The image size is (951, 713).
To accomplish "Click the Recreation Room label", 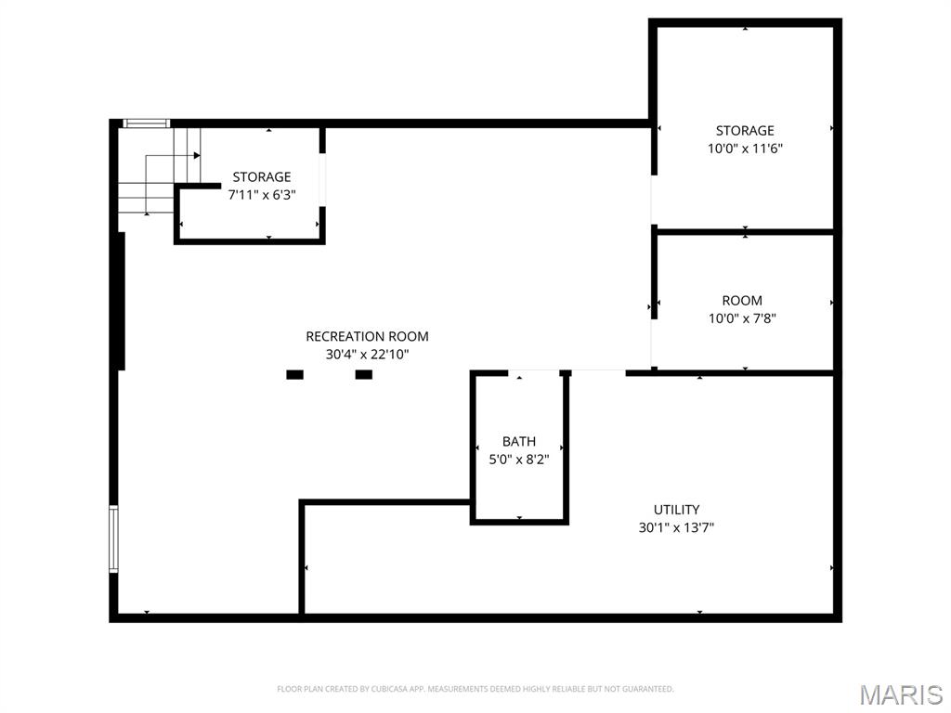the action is [x=367, y=336].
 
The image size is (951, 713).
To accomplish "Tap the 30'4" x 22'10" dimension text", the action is [x=367, y=354].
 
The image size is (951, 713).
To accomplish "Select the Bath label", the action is [x=519, y=441].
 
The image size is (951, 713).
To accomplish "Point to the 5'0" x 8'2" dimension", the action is [x=519, y=460].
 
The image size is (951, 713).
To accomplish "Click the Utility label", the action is [x=676, y=510].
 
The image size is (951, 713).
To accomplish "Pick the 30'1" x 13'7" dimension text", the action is [x=676, y=527].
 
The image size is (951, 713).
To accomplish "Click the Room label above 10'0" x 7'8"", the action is [x=742, y=300].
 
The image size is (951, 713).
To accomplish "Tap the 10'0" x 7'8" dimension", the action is [x=742, y=318].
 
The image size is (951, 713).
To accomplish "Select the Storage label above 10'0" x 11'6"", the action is [x=745, y=130].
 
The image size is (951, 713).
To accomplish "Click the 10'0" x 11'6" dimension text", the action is [x=745, y=149].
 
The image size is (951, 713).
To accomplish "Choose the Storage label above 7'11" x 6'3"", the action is [x=261, y=177].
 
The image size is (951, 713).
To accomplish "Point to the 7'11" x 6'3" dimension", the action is [x=261, y=195].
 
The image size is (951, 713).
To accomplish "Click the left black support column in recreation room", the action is [x=294, y=375].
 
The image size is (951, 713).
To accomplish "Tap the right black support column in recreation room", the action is [x=364, y=375].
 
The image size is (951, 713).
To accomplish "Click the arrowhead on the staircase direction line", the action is [x=197, y=156].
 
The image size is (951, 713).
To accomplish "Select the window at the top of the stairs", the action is [x=146, y=123].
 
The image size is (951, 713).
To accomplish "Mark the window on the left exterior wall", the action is [x=113, y=539].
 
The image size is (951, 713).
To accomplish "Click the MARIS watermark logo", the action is [x=901, y=694].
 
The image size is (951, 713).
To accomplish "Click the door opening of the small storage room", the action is [x=322, y=180].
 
